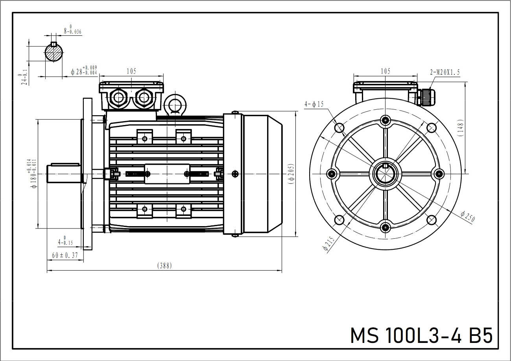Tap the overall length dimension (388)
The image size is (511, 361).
click(x=164, y=266)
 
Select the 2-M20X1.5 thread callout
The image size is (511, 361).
click(x=445, y=72)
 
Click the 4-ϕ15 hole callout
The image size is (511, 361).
click(x=314, y=104)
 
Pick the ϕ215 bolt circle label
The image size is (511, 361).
click(x=328, y=244)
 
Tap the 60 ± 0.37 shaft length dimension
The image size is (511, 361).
click(x=65, y=255)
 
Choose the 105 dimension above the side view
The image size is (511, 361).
click(x=131, y=71)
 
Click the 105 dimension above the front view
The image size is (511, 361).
click(x=386, y=71)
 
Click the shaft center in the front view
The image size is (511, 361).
click(x=385, y=173)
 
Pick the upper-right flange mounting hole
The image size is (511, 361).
click(x=432, y=127)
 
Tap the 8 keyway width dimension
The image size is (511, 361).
click(x=72, y=30)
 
